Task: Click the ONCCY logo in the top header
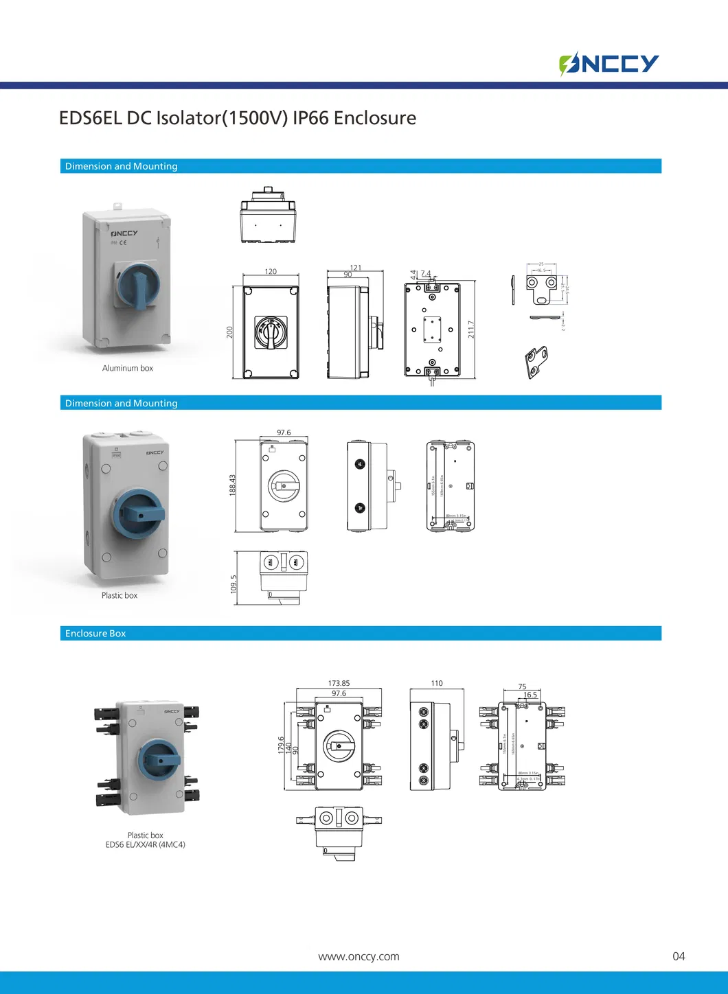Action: [608, 64]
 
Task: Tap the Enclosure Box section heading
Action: [95, 634]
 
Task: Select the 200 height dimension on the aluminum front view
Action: [230, 332]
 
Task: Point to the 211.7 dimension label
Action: [471, 330]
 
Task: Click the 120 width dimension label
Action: [271, 272]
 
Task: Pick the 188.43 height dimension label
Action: [233, 485]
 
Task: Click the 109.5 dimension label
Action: [234, 584]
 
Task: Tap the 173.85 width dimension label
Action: [339, 683]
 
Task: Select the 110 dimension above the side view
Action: [437, 683]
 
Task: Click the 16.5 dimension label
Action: [530, 695]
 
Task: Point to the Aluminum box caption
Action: [128, 369]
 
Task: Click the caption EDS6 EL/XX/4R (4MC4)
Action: [146, 845]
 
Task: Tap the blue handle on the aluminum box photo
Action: [140, 286]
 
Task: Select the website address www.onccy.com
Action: [359, 956]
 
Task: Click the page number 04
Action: [679, 956]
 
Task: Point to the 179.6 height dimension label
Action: [281, 745]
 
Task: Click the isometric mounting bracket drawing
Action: [536, 362]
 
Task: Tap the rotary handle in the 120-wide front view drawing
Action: [271, 332]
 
